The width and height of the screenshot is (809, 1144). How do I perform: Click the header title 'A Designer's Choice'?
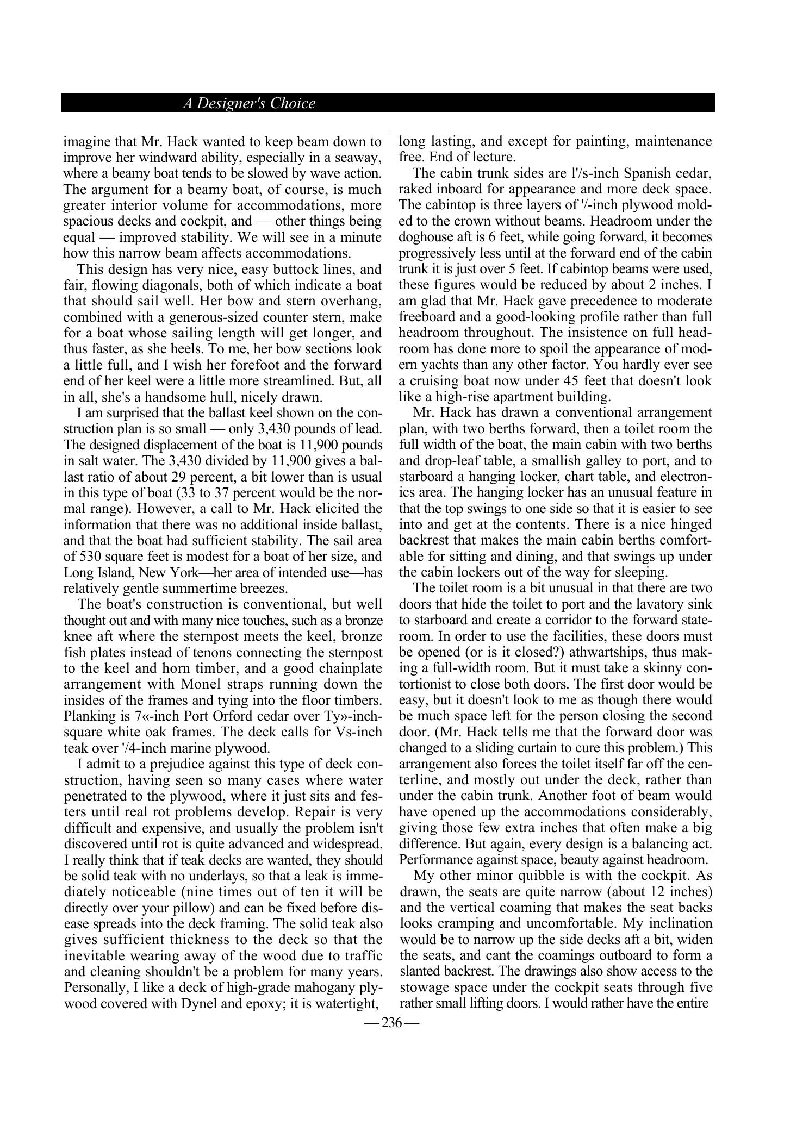tap(249, 103)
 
